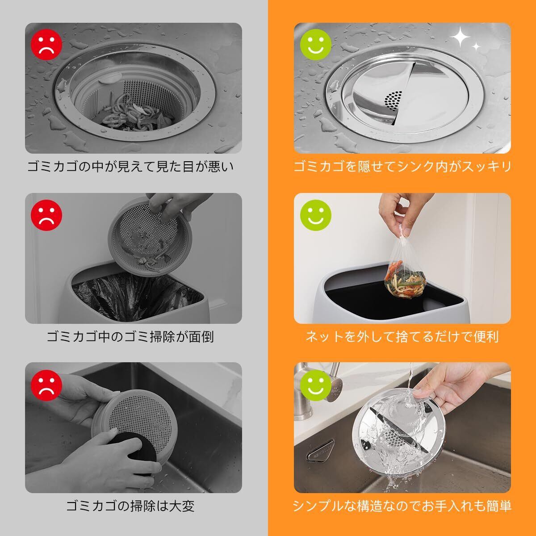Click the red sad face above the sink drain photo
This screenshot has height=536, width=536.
[46, 45]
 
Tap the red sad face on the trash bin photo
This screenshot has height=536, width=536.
[46, 215]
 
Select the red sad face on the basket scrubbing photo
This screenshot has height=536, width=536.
[46, 385]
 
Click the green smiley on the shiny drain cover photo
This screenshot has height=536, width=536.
[316, 45]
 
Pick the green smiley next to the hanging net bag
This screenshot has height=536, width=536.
[316, 215]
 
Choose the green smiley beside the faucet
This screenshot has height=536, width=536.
[316, 385]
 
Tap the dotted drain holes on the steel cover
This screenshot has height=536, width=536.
[394, 100]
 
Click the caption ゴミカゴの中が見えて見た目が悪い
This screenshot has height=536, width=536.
[130, 167]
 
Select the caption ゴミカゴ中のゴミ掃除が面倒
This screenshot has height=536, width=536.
[130, 337]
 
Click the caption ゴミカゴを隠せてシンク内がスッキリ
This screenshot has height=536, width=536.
[402, 167]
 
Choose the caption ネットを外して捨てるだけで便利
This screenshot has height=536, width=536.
[402, 337]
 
